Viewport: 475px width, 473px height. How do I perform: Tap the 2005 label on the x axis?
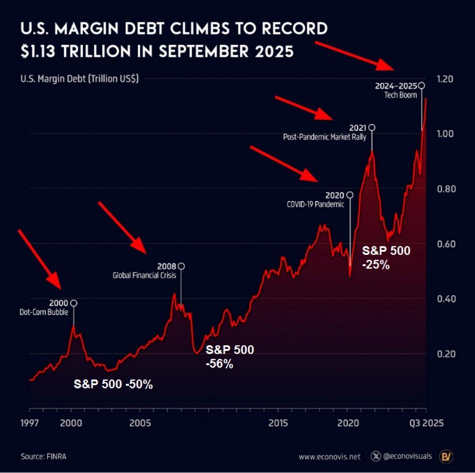point(140,423)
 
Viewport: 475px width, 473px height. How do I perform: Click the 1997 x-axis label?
point(30,423)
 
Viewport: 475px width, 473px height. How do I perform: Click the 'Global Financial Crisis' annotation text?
point(144,275)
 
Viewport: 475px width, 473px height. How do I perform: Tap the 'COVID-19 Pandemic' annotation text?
point(315,204)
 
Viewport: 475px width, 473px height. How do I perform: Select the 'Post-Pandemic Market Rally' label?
point(325,137)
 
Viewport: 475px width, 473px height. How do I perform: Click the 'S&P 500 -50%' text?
point(113,384)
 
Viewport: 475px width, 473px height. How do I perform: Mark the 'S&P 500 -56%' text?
point(230,357)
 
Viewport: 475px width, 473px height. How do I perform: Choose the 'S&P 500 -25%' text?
point(386,258)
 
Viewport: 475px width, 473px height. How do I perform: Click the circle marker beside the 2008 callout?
point(181,267)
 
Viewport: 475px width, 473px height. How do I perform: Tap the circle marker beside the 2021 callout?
point(371,128)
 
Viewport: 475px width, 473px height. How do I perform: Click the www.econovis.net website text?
point(330,457)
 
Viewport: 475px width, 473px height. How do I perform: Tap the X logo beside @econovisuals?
point(376,456)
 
